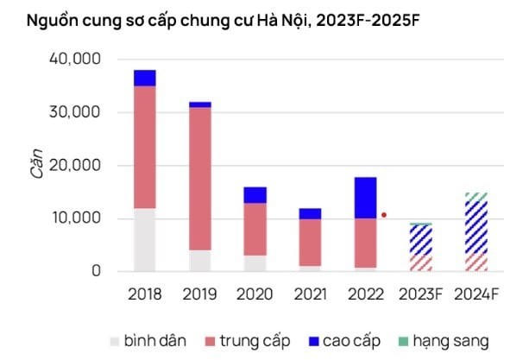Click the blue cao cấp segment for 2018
[145, 78]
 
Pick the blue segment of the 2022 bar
[366, 198]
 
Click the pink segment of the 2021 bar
[311, 243]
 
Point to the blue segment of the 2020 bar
[255, 195]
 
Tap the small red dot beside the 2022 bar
[384, 215]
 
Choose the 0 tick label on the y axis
[96, 271]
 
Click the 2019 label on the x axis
[200, 294]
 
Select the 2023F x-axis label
[421, 294]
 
